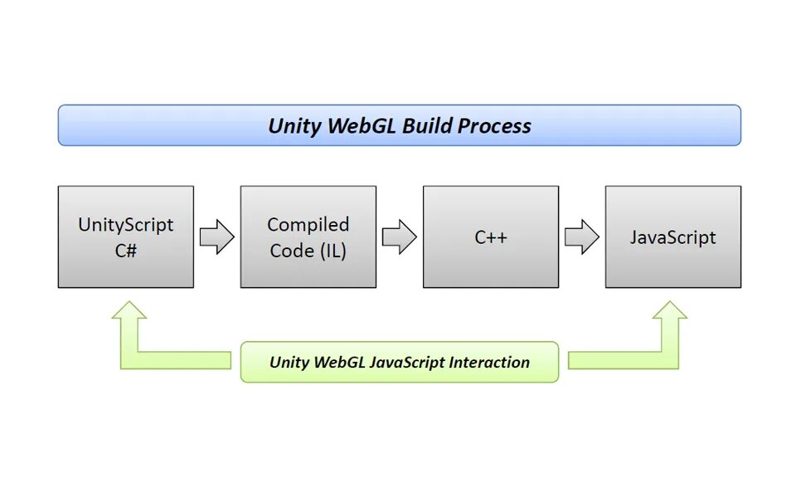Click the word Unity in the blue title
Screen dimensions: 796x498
294,126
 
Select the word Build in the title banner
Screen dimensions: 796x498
426,125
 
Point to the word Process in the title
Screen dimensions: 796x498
494,125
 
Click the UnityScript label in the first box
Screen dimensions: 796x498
126,225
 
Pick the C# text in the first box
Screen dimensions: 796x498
126,251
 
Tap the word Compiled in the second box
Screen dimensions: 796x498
308,225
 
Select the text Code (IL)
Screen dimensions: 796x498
308,251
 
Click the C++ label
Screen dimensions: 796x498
491,237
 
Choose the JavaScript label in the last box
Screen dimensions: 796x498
673,237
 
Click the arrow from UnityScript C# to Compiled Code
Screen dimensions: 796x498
217,237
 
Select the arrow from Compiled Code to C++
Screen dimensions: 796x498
400,237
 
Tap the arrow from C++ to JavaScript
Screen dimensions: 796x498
582,237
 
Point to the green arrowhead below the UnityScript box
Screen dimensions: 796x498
129,311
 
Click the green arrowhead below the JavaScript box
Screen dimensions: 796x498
670,311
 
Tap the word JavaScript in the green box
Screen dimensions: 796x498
405,363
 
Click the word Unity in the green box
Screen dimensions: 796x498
289,363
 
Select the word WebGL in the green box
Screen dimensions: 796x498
338,363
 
